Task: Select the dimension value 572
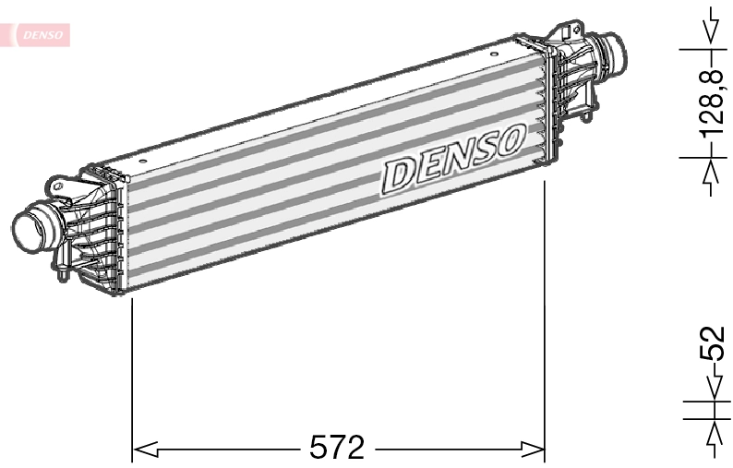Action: pos(336,449)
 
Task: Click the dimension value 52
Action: pos(712,344)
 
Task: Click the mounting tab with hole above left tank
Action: pos(62,187)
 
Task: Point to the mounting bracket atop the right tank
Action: pos(563,34)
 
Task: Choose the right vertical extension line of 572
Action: pos(546,323)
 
